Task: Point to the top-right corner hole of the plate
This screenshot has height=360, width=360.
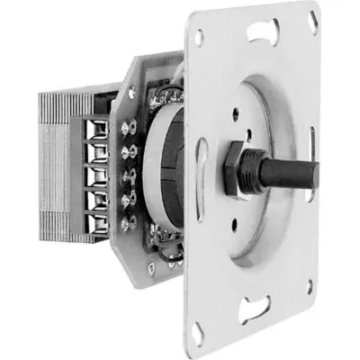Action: [x=312, y=19]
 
